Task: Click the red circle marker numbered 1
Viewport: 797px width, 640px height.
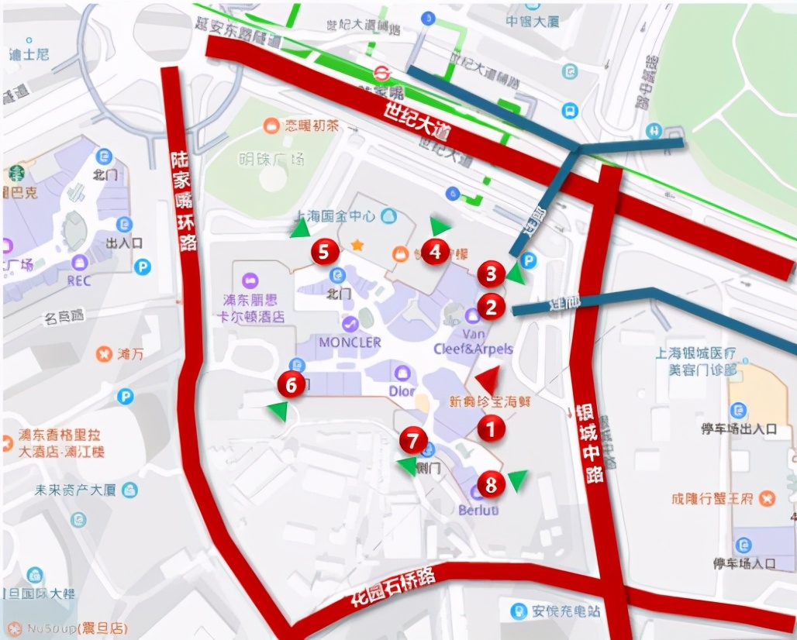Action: (x=491, y=427)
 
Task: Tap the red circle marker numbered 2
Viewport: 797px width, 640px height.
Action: (x=491, y=307)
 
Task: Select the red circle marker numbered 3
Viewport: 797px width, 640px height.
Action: (x=491, y=274)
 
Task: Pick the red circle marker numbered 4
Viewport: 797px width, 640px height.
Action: (x=435, y=252)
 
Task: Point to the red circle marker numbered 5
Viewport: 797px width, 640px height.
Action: (x=325, y=251)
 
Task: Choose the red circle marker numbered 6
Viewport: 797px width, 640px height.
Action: (x=292, y=384)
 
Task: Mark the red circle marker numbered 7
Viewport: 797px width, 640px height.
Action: (x=413, y=441)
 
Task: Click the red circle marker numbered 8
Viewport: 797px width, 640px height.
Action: (x=491, y=484)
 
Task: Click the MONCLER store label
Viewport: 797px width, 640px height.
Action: (x=349, y=342)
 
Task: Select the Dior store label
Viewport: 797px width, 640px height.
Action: (x=402, y=391)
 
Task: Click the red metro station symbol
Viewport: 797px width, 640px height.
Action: (x=381, y=73)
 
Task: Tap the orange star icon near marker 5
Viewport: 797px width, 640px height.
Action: (x=357, y=245)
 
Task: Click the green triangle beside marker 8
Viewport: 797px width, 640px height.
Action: (x=517, y=480)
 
